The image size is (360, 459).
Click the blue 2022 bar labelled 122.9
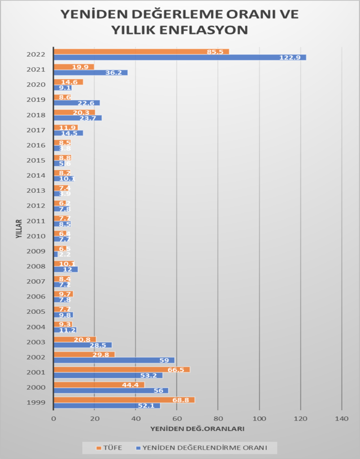179,57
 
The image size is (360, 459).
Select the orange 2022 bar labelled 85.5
141,52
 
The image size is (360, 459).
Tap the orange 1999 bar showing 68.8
124,400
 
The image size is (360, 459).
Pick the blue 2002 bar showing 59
114,360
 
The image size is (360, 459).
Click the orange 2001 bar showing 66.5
121,369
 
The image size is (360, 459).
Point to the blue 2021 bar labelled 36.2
91,73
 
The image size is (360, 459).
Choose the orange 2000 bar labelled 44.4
99,385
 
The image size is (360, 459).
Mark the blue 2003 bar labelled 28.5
82,345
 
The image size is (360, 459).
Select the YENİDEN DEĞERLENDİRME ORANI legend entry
204,447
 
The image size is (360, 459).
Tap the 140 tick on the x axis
342,419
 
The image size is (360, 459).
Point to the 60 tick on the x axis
177,419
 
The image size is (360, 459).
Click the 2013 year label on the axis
36,191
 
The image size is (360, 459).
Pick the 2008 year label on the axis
36,267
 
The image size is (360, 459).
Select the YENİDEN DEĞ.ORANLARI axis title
197,429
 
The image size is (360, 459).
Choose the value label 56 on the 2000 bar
158,391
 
